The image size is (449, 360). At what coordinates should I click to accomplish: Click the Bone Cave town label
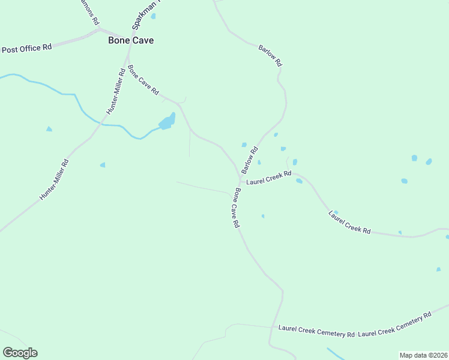130,40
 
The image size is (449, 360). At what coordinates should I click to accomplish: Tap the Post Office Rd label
27,49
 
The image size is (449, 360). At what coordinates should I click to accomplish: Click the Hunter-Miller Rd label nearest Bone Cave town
116,91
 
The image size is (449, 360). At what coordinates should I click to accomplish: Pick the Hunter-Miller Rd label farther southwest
55,179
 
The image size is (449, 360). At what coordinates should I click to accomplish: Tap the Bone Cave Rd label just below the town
143,80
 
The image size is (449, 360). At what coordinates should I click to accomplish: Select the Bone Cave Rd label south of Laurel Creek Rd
237,208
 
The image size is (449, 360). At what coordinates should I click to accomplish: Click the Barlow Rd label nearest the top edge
270,55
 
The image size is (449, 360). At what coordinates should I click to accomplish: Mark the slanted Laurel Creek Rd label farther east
349,222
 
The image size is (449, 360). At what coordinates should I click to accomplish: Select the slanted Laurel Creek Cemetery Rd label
395,324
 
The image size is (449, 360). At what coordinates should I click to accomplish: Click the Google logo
20,353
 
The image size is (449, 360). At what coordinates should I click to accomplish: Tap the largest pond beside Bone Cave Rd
167,122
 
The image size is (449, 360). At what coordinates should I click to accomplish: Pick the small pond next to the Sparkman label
153,16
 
